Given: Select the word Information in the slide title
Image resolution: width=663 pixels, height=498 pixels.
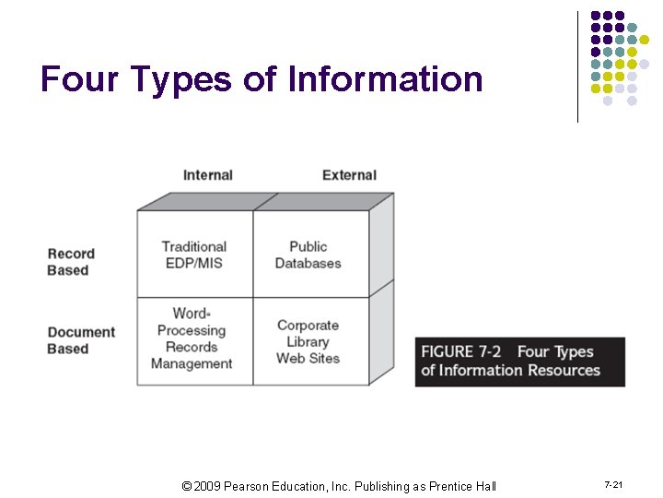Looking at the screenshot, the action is pos(385,79).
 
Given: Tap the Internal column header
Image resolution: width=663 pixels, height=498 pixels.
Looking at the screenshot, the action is pos(207,175).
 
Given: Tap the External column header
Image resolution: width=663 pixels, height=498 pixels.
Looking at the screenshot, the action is pos(349,175).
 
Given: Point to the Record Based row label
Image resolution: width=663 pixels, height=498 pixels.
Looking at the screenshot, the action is pos(70,262).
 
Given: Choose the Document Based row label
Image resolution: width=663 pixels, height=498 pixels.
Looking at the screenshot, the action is pos(81,340).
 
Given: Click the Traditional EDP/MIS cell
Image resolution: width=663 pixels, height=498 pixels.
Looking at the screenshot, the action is pos(193,255).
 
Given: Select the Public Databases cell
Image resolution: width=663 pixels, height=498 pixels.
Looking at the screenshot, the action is pos(308,255).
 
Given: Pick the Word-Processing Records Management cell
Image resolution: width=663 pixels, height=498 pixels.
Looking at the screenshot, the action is pos(192,338).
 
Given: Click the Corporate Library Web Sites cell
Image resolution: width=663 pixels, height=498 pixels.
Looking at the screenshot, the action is pos(308,341).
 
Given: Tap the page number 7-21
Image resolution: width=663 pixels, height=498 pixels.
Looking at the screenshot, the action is pos(613,485).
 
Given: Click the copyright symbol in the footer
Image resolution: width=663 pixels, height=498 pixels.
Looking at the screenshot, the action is pos(186,486).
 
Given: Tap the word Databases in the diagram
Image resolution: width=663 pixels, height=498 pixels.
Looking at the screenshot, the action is pos(308,263).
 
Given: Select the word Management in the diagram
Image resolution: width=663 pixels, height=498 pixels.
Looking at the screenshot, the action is pos(192,363).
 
